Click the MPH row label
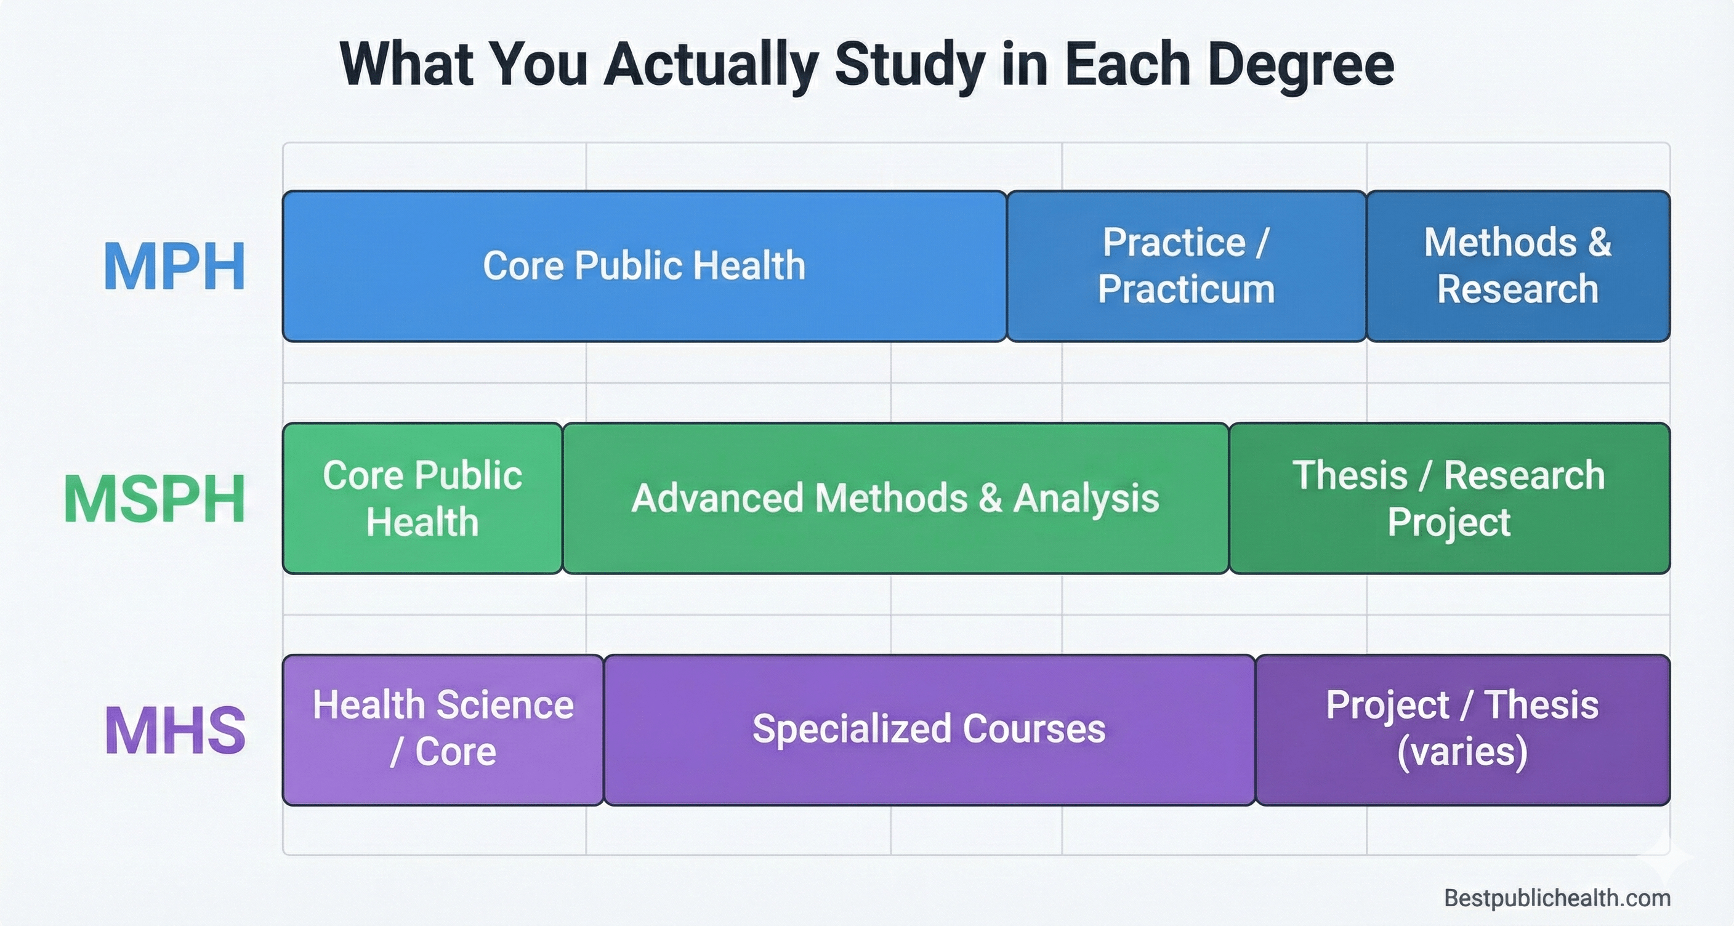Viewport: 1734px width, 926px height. click(x=174, y=267)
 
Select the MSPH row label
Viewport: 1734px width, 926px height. click(x=155, y=499)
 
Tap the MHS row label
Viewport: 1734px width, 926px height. click(x=175, y=731)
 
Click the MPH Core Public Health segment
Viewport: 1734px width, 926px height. click(x=644, y=266)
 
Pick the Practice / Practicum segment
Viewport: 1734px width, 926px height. click(x=1186, y=266)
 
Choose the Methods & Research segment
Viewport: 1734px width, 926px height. click(x=1518, y=266)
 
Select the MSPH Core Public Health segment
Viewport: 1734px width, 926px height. click(x=422, y=498)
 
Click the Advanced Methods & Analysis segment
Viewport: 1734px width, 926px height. click(x=895, y=498)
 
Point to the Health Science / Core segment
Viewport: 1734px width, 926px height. click(x=443, y=730)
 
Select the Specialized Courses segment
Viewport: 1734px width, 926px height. click(x=929, y=730)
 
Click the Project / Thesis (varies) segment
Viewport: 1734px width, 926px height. click(x=1462, y=730)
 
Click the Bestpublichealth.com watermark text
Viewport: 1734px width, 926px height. click(x=1557, y=898)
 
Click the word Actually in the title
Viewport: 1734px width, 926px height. click(x=711, y=65)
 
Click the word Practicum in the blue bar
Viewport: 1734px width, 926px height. click(x=1186, y=289)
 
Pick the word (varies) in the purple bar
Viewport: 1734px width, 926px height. click(x=1462, y=752)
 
